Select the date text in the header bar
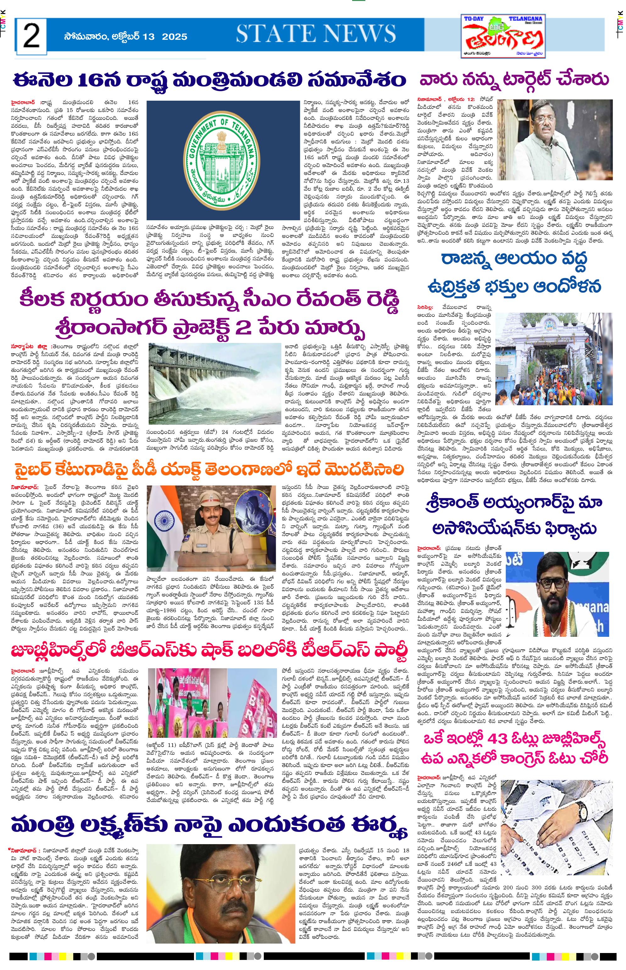point(125,36)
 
